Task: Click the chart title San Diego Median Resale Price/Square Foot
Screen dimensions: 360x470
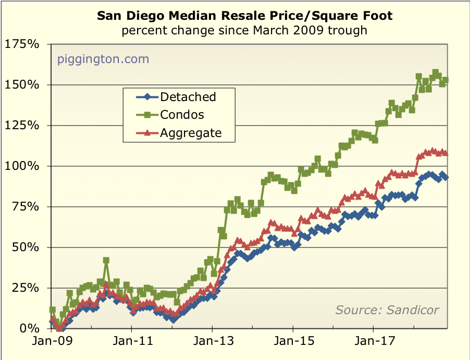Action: (x=244, y=16)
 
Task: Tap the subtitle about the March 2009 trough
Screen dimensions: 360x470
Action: (x=244, y=30)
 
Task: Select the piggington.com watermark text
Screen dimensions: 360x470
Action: (x=103, y=59)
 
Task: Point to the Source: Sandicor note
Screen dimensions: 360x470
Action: (x=387, y=310)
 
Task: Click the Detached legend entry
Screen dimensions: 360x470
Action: (x=188, y=96)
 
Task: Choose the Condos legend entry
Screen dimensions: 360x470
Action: (x=182, y=115)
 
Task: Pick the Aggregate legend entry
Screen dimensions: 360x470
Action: (x=191, y=133)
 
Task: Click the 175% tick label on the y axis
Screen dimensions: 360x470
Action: (x=22, y=44)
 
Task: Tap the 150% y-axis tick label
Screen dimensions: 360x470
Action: (x=22, y=84)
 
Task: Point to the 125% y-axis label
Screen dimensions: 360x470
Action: (x=22, y=125)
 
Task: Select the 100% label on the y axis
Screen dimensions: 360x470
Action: (x=22, y=166)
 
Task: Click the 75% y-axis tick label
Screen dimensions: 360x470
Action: (x=25, y=207)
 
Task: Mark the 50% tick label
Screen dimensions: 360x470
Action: (x=25, y=247)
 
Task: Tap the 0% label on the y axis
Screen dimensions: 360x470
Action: (x=29, y=329)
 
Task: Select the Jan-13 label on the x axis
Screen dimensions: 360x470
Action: (x=213, y=342)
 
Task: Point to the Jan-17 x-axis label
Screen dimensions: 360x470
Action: (x=374, y=342)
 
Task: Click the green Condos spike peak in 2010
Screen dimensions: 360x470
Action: (x=106, y=260)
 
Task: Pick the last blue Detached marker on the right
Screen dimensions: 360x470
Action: (x=446, y=178)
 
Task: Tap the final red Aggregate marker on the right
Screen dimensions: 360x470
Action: (x=446, y=153)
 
